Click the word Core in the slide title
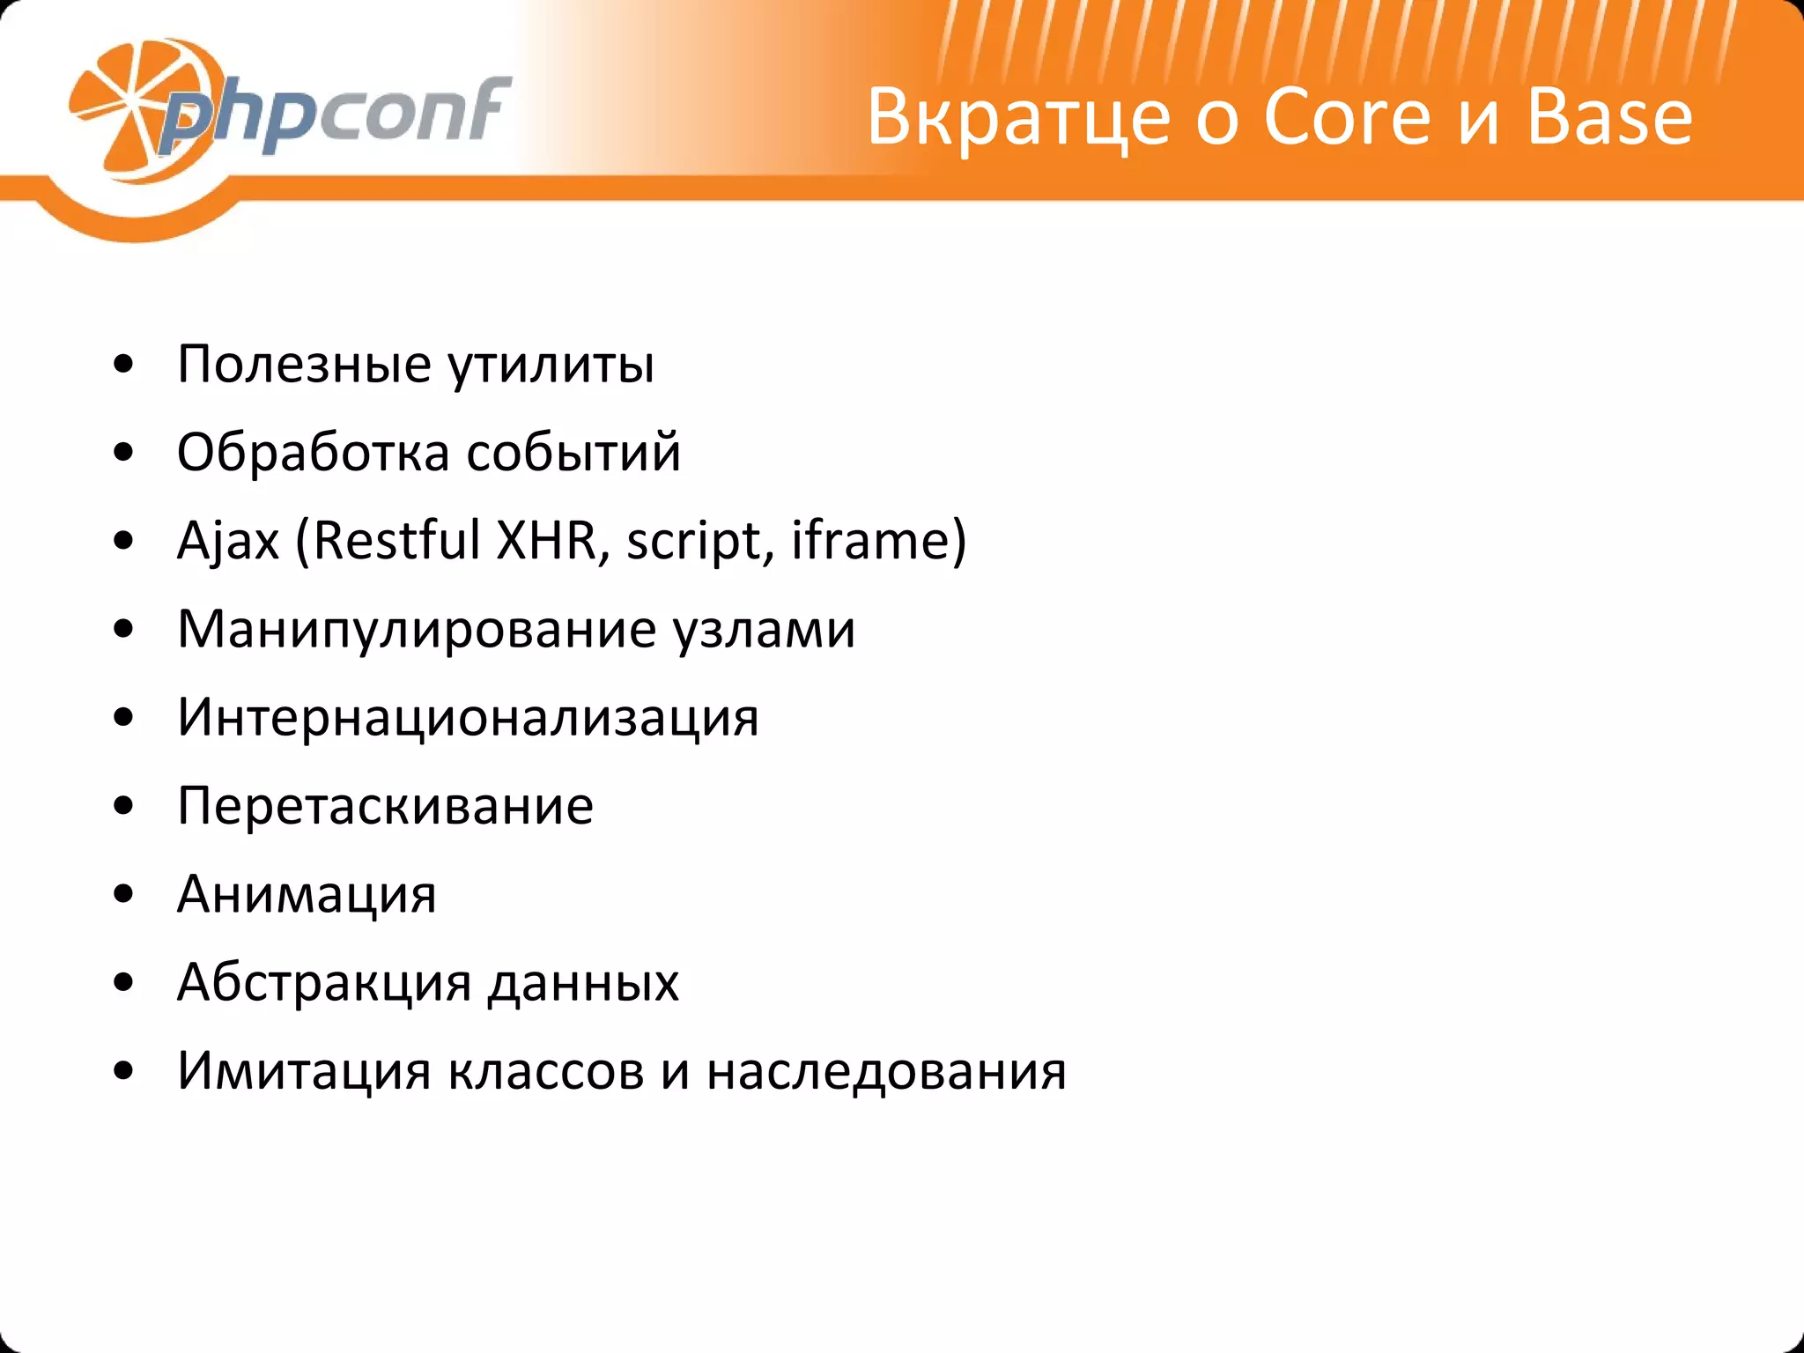pyautogui.click(x=1347, y=117)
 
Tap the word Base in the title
pyautogui.click(x=1609, y=117)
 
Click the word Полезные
pyautogui.click(x=304, y=364)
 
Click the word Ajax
pyautogui.click(x=228, y=541)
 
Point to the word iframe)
pyautogui.click(x=878, y=540)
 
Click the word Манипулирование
pyautogui.click(x=417, y=630)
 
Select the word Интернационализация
pyautogui.click(x=468, y=718)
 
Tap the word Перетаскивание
pyautogui.click(x=385, y=806)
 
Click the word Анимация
pyautogui.click(x=307, y=894)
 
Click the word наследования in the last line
pyautogui.click(x=886, y=1071)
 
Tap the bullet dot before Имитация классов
pyautogui.click(x=124, y=1071)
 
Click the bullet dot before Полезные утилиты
pyautogui.click(x=124, y=365)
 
